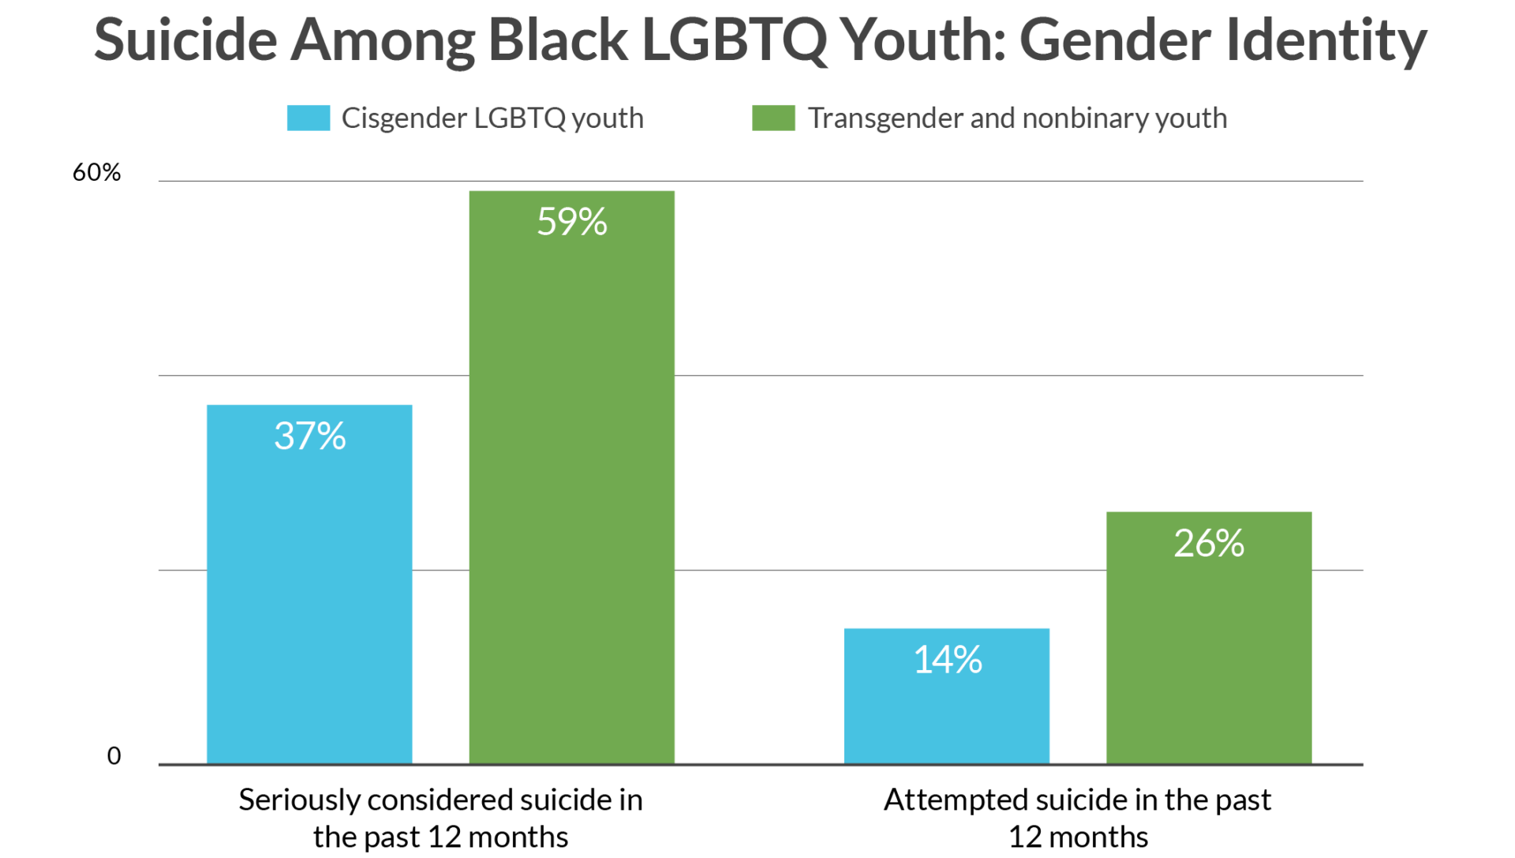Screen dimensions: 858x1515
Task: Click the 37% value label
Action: coord(309,436)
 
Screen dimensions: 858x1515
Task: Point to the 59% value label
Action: coord(571,222)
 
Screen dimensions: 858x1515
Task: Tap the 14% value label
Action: coord(947,660)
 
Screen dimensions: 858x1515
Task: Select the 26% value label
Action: coord(1208,543)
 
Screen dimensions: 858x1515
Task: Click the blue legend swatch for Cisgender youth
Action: coord(309,118)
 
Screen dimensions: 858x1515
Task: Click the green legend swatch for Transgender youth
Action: coord(773,118)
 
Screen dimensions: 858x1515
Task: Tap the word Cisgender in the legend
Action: coord(404,118)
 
